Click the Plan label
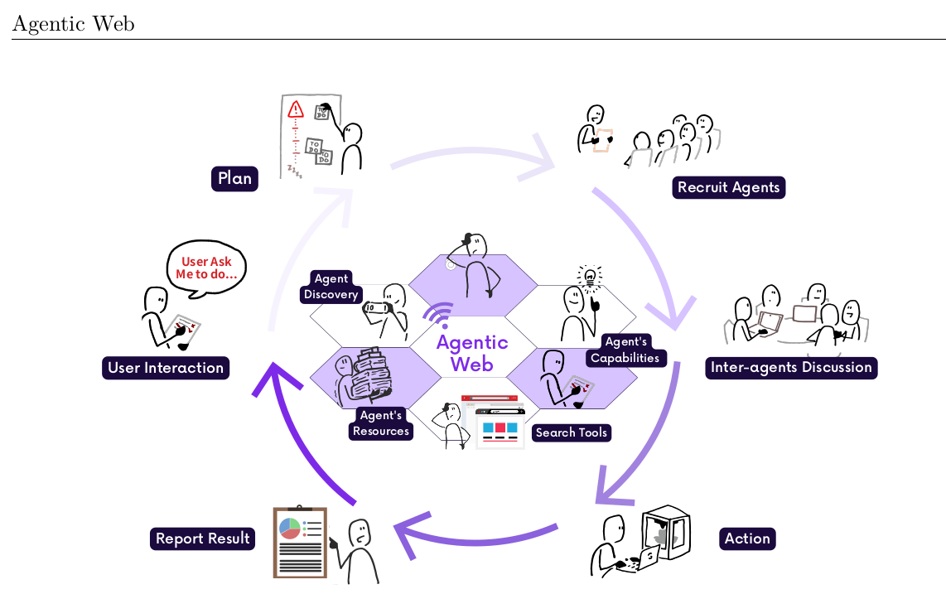click(x=234, y=178)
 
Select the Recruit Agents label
click(x=728, y=187)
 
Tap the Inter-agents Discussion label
click(x=790, y=367)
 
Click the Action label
click(x=747, y=538)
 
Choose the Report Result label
click(x=202, y=538)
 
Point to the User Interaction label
click(x=166, y=368)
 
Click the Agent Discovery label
click(x=331, y=287)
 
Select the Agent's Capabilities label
click(x=625, y=350)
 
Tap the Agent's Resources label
click(x=381, y=423)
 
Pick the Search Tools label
click(x=572, y=432)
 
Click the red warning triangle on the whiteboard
click(x=295, y=109)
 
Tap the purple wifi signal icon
click(x=437, y=316)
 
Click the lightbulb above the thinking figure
click(x=590, y=277)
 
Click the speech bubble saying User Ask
click(x=207, y=267)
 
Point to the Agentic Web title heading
click(x=73, y=24)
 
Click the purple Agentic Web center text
click(x=472, y=353)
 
